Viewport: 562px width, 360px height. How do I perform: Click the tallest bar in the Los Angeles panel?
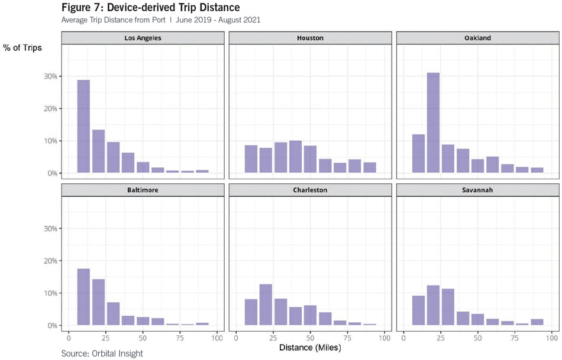pyautogui.click(x=83, y=127)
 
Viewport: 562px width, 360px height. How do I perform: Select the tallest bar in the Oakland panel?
pyautogui.click(x=433, y=123)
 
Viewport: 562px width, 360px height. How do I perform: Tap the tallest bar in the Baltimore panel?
pyautogui.click(x=83, y=297)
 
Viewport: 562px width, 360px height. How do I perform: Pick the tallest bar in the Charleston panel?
pyautogui.click(x=266, y=305)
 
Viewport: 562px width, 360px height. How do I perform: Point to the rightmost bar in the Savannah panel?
pyautogui.click(x=537, y=322)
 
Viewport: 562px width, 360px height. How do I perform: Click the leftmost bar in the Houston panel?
pyautogui.click(x=251, y=159)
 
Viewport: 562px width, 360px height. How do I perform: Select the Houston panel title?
pyautogui.click(x=310, y=38)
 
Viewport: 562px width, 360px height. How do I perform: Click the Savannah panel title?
pyautogui.click(x=477, y=190)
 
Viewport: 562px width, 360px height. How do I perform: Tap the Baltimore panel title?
pyautogui.click(x=143, y=190)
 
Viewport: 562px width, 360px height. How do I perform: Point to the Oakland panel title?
pyautogui.click(x=477, y=38)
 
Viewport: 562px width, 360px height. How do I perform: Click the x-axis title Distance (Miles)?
pyautogui.click(x=310, y=348)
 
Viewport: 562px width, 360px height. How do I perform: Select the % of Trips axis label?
pyautogui.click(x=22, y=48)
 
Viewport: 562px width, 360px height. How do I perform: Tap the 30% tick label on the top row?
pyautogui.click(x=50, y=76)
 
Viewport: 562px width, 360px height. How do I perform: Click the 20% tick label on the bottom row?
pyautogui.click(x=50, y=261)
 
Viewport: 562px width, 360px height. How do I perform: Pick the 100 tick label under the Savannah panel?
pyautogui.click(x=552, y=338)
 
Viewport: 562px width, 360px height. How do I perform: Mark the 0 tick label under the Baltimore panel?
pyautogui.click(x=69, y=338)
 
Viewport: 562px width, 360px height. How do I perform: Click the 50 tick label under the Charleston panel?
pyautogui.click(x=310, y=338)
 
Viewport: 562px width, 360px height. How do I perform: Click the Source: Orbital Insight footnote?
pyautogui.click(x=102, y=353)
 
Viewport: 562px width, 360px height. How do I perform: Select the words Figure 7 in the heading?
pyautogui.click(x=80, y=7)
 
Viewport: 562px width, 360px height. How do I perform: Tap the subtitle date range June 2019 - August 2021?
pyautogui.click(x=218, y=20)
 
